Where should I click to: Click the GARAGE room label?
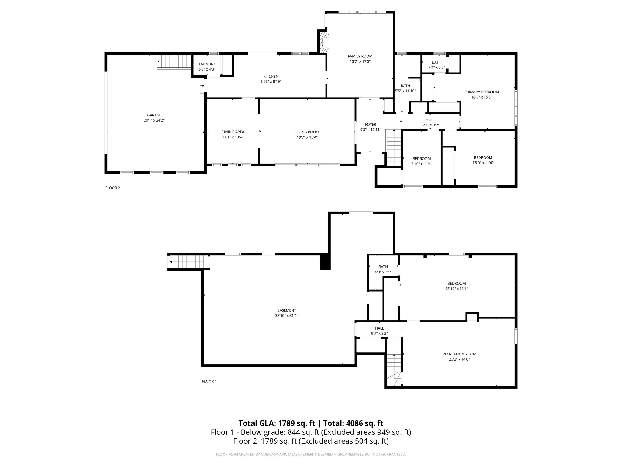point(154,115)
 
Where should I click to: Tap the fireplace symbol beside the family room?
point(325,42)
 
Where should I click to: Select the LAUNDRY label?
point(207,64)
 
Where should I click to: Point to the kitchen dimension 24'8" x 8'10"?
point(271,81)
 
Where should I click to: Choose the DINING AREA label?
point(233,132)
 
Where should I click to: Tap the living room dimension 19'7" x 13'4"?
point(307,137)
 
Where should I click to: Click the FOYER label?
point(370,124)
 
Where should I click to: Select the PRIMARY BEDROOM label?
point(481,92)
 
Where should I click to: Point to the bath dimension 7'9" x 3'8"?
point(436,67)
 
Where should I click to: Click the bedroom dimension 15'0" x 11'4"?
point(483,163)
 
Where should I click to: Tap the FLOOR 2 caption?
point(113,188)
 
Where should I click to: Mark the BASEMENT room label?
point(286,310)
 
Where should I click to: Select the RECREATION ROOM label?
point(459,354)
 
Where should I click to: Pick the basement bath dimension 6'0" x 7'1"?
point(383,272)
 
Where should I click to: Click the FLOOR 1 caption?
point(209,381)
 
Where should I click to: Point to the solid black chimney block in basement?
point(325,262)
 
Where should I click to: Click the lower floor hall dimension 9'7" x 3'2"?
point(379,334)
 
